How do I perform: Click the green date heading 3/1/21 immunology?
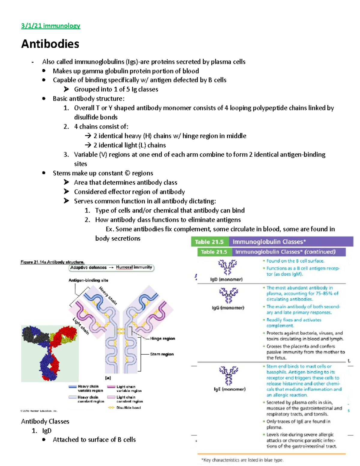[x=50, y=26]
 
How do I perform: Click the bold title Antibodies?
[x=50, y=44]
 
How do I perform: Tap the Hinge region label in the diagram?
[x=162, y=338]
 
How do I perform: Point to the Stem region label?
[x=162, y=354]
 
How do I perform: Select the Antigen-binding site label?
[x=88, y=280]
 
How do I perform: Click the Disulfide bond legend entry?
[x=128, y=407]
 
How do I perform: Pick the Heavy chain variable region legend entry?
[x=90, y=389]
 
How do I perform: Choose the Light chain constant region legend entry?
[x=129, y=399]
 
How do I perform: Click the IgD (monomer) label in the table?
[x=226, y=279]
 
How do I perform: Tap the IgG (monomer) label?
[x=228, y=308]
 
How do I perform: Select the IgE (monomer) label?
[x=229, y=389]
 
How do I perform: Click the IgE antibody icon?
[x=229, y=375]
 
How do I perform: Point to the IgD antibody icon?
[x=227, y=267]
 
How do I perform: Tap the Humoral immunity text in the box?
[x=134, y=267]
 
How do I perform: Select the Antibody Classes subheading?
[x=45, y=421]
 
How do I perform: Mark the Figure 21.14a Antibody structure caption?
[x=52, y=262]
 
